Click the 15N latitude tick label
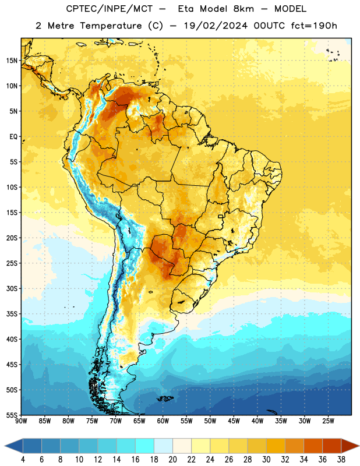(x=12, y=61)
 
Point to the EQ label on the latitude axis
(x=13, y=137)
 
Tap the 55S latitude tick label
(x=12, y=415)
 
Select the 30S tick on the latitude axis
(x=12, y=288)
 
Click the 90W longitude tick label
(x=21, y=421)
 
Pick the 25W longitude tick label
(x=328, y=421)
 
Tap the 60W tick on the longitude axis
(x=163, y=421)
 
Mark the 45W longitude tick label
(x=234, y=421)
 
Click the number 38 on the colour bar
(x=341, y=460)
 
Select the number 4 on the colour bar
(x=23, y=460)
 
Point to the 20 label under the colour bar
(x=172, y=460)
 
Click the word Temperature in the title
(x=111, y=26)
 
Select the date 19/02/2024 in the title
(x=216, y=26)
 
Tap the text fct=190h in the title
(x=314, y=26)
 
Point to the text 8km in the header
(x=243, y=9)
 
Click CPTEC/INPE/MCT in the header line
(x=110, y=9)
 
